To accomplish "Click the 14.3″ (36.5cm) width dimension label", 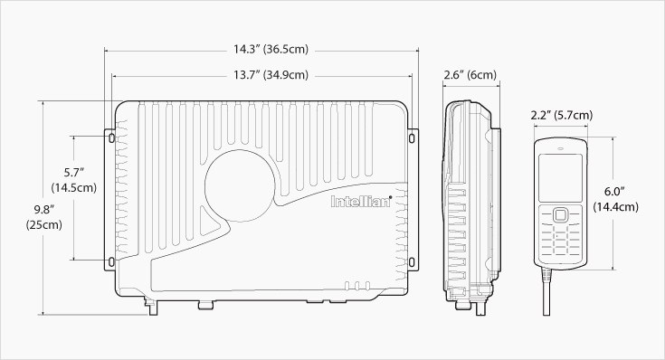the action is pyautogui.click(x=271, y=49).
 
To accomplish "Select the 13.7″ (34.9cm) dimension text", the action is pyautogui.click(x=271, y=75).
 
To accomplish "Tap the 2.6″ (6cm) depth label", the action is pyautogui.click(x=470, y=75).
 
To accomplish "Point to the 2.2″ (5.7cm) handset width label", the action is pyautogui.click(x=562, y=115).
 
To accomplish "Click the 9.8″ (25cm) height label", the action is pyautogui.click(x=43, y=217).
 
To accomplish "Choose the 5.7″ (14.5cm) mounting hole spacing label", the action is pyautogui.click(x=74, y=180).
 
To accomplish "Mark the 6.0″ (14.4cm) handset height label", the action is pyautogui.click(x=615, y=199).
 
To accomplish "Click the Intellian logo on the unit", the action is pyautogui.click(x=361, y=201).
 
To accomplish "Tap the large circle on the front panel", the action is pyautogui.click(x=240, y=185).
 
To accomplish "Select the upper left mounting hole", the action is pyautogui.click(x=111, y=137).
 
